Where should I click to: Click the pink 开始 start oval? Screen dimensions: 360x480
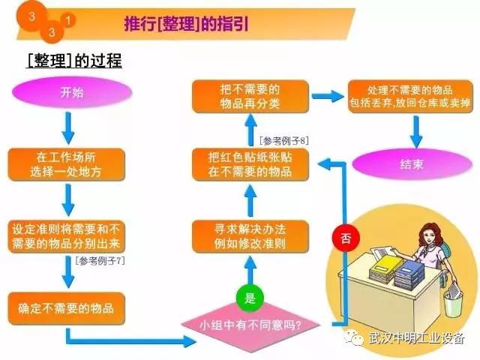(x=67, y=94)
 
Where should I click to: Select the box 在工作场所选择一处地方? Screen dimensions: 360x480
(x=67, y=164)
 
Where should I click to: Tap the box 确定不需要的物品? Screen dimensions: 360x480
(x=67, y=307)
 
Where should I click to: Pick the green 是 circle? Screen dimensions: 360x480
(x=250, y=298)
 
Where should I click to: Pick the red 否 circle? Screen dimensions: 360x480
(x=345, y=239)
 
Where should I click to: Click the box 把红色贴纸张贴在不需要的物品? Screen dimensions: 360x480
(x=250, y=165)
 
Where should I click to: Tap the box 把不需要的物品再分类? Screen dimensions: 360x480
(x=250, y=96)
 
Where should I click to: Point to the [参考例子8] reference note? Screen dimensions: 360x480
(x=284, y=139)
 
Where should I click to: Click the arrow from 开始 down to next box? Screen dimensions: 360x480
(x=67, y=127)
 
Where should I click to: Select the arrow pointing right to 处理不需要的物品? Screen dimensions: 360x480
(x=323, y=97)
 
